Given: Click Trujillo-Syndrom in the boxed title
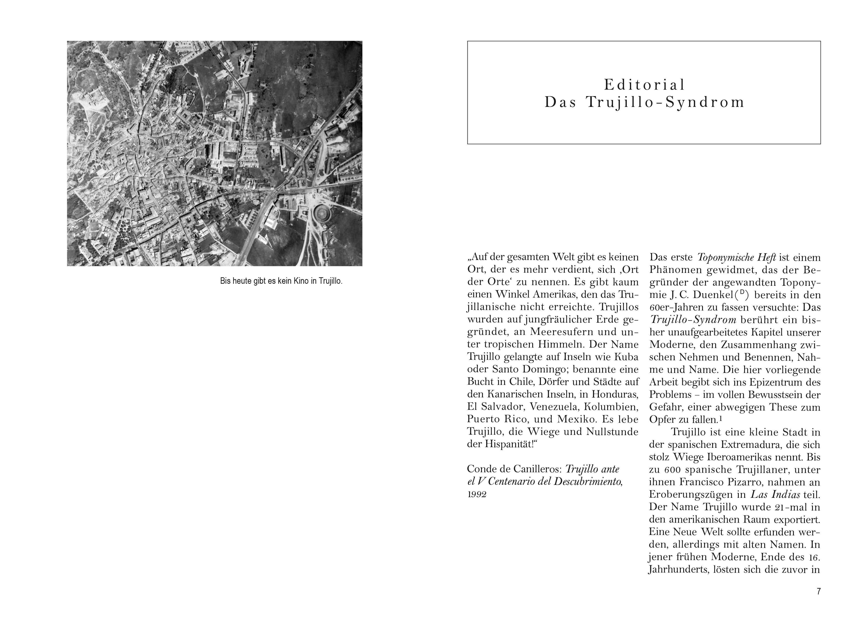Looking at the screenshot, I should (665, 102).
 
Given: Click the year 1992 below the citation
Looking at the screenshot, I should (477, 494).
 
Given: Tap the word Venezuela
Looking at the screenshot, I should (559, 407).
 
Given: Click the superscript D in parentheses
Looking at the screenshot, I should (741, 292).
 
